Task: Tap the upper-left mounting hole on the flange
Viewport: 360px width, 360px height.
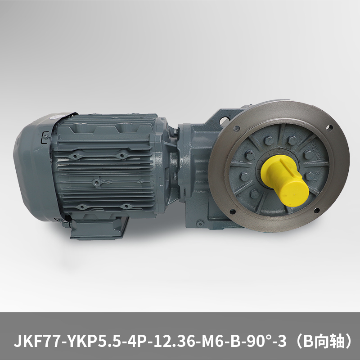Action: point(236,129)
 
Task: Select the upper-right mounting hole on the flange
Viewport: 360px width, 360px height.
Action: point(329,127)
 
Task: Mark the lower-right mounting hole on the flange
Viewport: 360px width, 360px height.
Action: point(317,210)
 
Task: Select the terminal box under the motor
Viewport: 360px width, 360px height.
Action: point(99,227)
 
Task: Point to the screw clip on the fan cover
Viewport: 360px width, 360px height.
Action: point(45,137)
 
